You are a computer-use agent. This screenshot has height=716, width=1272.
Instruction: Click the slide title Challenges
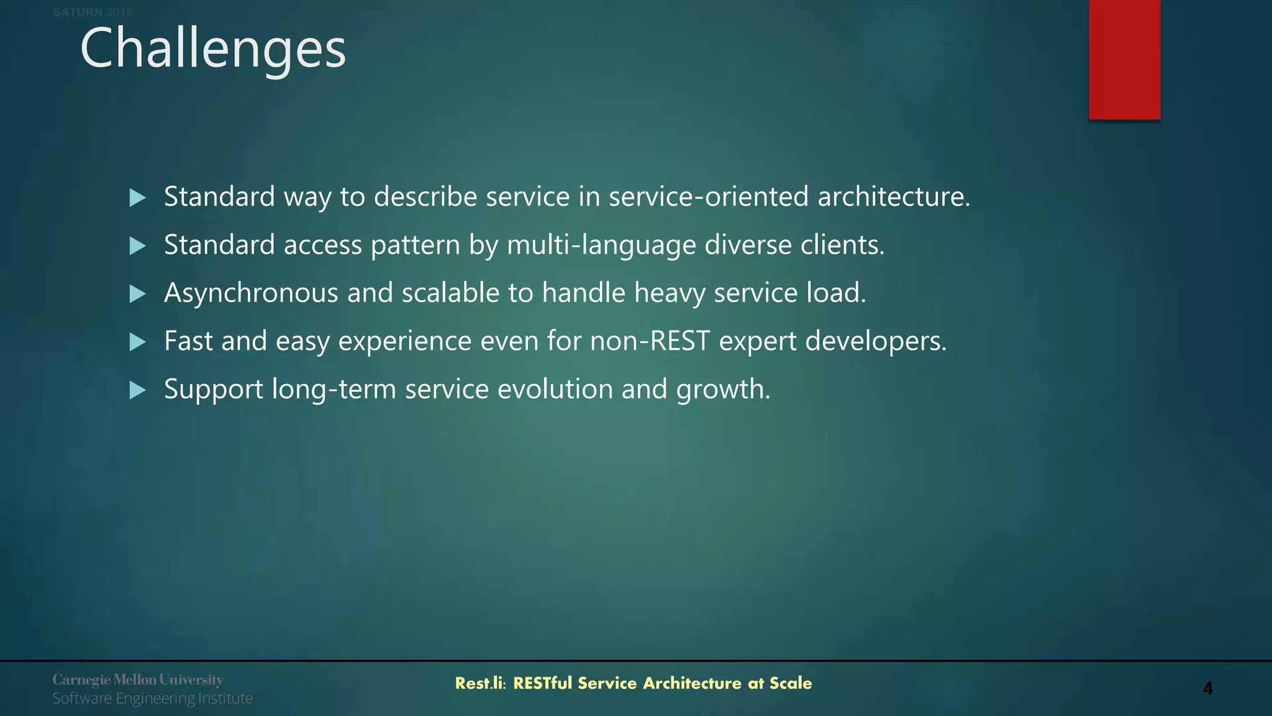[x=213, y=48]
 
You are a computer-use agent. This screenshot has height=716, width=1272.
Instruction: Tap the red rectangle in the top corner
[x=1124, y=59]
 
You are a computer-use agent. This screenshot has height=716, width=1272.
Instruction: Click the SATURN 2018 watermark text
[x=93, y=12]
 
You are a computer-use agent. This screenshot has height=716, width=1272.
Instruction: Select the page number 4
[x=1207, y=688]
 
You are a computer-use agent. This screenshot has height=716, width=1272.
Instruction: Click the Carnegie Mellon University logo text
[x=137, y=679]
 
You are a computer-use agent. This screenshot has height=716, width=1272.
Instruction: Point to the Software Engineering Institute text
[x=152, y=699]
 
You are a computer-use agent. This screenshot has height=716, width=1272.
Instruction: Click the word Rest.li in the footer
[x=480, y=683]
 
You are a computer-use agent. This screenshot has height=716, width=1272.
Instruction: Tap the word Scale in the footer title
[x=791, y=683]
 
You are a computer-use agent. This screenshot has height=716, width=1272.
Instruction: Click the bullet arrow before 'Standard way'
[x=137, y=198]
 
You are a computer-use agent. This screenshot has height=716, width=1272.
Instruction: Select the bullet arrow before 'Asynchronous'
[x=137, y=294]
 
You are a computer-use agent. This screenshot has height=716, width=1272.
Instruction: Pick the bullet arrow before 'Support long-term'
[x=137, y=390]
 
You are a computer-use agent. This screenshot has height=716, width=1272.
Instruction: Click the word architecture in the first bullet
[x=893, y=196]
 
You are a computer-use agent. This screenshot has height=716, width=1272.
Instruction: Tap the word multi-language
[x=601, y=245]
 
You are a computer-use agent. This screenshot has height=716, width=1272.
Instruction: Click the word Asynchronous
[x=251, y=293]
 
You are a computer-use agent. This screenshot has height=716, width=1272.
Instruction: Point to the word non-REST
[x=650, y=341]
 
